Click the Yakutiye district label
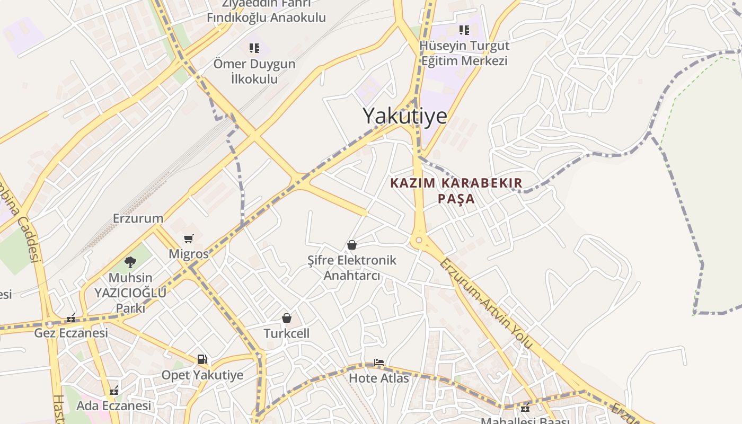[405, 116]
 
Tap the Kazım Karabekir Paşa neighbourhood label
[456, 191]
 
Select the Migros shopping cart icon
[189, 238]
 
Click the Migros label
[189, 254]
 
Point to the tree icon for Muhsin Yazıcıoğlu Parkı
[130, 262]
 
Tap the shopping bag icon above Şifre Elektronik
[351, 245]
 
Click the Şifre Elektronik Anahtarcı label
[352, 268]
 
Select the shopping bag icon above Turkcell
[287, 318]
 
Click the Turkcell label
[287, 333]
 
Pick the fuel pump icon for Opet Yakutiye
[202, 359]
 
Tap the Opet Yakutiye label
[202, 375]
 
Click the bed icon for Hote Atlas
[378, 363]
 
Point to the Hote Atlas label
[378, 378]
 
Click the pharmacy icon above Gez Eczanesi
[71, 318]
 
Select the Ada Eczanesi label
[114, 406]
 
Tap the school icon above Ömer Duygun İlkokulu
[254, 48]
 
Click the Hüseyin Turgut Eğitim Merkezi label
[464, 53]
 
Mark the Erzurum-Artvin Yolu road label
[486, 304]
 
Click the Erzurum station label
[138, 218]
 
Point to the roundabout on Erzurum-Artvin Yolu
[419, 241]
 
